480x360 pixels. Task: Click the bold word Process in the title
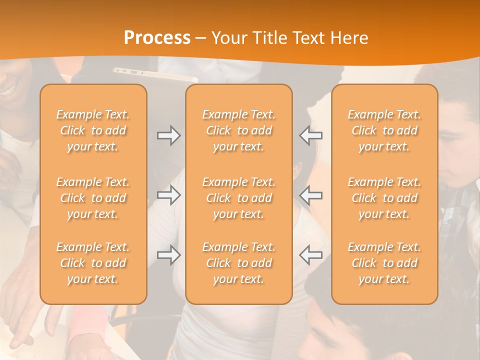coord(157,38)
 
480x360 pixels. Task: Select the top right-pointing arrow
coord(169,135)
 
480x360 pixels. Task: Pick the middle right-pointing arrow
coord(169,195)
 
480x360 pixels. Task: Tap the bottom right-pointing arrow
coord(169,255)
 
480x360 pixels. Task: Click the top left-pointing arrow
coord(311,135)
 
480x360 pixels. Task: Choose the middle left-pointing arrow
coord(311,195)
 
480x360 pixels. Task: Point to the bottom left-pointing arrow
coord(311,255)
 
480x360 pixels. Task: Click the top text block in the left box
coord(93,130)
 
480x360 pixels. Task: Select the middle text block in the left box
coord(93,198)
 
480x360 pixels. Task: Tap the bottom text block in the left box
coord(93,263)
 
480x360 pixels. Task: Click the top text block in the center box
coord(239,130)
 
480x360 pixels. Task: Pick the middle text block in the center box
coord(239,198)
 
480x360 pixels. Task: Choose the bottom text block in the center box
coord(239,263)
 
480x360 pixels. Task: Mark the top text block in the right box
coord(384,130)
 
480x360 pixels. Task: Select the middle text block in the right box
coord(384,198)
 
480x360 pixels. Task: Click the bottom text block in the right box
coord(384,263)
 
